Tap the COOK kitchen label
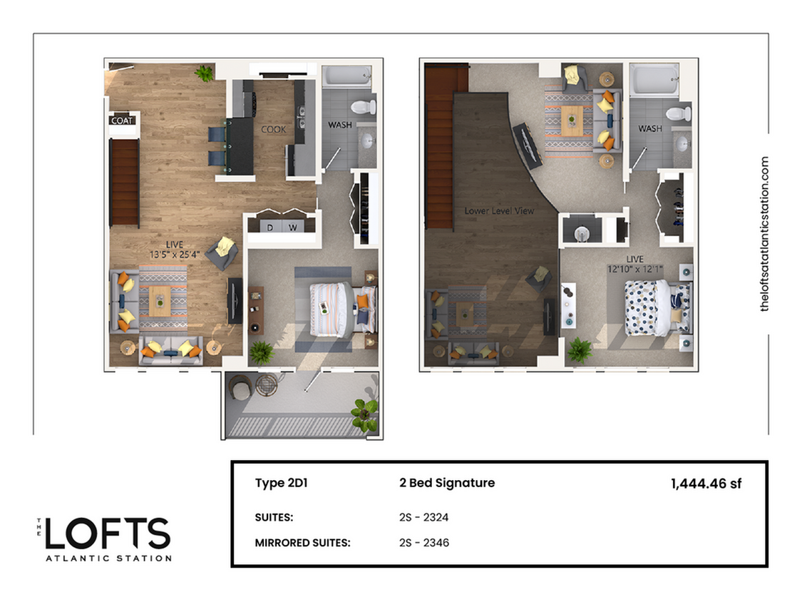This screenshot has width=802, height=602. point(273,130)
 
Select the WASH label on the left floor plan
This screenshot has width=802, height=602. point(339,126)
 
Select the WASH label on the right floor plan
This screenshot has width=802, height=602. point(649,129)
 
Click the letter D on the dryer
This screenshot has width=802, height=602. point(270,227)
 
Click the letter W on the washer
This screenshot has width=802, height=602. point(293,227)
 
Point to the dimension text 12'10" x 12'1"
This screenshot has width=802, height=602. point(634,269)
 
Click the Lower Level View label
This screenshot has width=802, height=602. point(499,211)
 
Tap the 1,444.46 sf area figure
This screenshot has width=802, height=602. point(706,484)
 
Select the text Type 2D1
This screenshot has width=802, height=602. point(281,483)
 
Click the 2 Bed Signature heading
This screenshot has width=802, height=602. point(446,483)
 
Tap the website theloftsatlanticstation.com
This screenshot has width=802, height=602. point(766,234)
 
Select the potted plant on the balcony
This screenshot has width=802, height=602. point(365,413)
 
